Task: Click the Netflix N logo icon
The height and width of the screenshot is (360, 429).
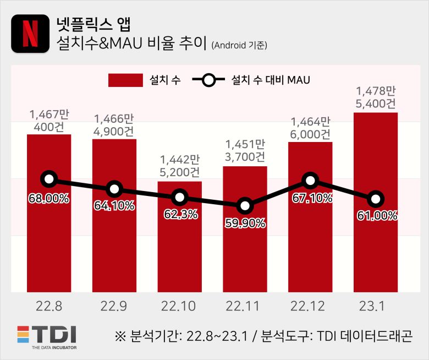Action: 30,34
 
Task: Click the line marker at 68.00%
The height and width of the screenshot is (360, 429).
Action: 49,179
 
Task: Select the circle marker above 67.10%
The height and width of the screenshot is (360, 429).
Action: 310,180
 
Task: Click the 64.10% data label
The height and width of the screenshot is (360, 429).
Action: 114,206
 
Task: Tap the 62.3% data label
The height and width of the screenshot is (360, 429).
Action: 180,214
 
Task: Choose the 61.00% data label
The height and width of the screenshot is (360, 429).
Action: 376,216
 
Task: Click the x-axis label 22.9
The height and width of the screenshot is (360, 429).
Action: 114,306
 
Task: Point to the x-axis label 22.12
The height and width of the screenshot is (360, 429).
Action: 310,306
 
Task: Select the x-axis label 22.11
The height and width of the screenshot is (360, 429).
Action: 245,306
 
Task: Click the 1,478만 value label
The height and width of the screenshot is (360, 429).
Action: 375,91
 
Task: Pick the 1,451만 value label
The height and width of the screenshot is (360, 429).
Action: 245,145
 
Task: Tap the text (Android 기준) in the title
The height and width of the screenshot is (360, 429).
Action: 239,46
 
